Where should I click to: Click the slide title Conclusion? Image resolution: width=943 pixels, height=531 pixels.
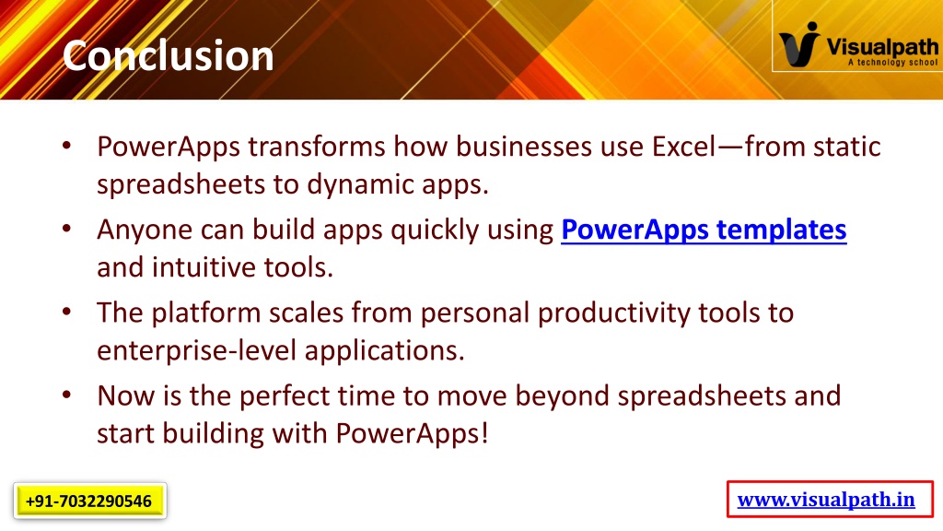[168, 55]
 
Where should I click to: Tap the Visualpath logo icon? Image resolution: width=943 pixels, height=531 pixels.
[799, 44]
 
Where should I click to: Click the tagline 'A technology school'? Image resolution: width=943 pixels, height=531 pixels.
[892, 62]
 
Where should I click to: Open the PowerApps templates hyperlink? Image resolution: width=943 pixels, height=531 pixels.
[704, 230]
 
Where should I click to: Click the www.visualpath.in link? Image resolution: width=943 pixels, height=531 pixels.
[826, 499]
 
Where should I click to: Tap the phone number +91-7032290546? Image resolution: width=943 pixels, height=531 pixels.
[89, 501]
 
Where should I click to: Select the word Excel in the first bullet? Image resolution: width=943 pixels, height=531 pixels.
[684, 147]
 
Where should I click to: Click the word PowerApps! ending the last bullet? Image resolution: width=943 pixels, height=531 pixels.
[412, 433]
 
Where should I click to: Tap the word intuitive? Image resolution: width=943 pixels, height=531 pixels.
[204, 267]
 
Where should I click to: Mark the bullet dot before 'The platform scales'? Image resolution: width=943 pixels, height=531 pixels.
[66, 312]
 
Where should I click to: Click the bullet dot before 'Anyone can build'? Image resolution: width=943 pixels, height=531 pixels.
[66, 229]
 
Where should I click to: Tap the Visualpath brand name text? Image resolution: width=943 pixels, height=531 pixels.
[881, 46]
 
